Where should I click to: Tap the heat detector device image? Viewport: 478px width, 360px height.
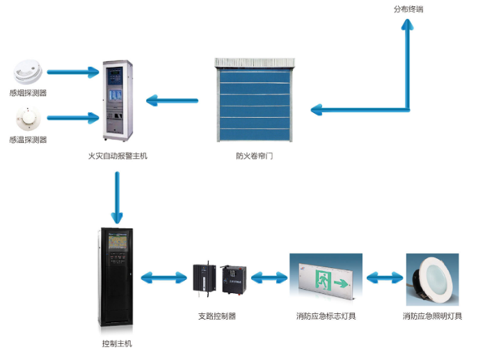(28, 119)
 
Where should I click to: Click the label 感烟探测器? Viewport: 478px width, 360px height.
(29, 93)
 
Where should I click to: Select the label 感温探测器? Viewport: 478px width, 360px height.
(29, 139)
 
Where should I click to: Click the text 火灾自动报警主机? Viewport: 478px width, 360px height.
(117, 156)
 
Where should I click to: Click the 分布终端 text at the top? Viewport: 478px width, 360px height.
(409, 9)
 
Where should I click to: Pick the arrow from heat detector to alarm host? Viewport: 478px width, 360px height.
(73, 117)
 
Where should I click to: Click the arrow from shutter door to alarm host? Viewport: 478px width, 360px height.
(173, 102)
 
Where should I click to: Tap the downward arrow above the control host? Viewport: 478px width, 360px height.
(117, 196)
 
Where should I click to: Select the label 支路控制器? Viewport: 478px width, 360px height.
(216, 315)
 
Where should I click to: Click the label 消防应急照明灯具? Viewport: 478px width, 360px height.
(432, 315)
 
